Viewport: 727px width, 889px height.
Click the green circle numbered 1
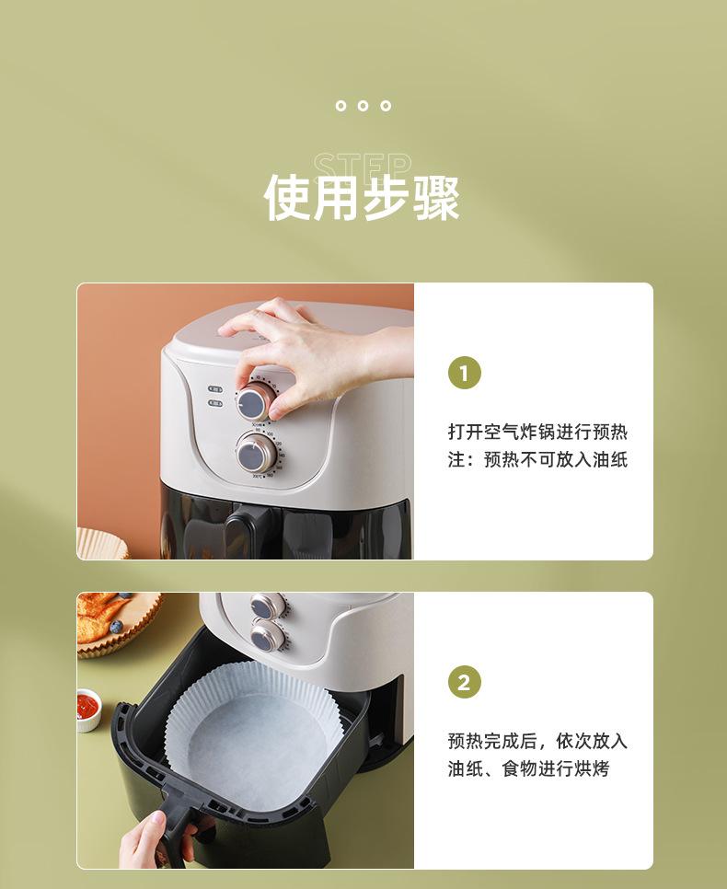click(x=465, y=373)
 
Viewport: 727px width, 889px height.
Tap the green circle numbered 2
click(x=465, y=682)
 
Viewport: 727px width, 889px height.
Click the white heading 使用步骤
click(x=362, y=197)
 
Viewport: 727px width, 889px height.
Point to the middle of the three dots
click(x=363, y=106)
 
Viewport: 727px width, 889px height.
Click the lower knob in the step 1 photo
click(x=256, y=454)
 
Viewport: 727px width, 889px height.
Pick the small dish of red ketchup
click(x=88, y=710)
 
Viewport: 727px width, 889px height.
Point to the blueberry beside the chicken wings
click(x=116, y=627)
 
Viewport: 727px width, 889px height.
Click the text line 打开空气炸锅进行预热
click(x=537, y=432)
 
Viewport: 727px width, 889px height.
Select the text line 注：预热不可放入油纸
click(x=537, y=459)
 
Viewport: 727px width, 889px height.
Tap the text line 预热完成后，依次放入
click(x=537, y=741)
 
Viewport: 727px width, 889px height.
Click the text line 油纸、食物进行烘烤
click(x=528, y=768)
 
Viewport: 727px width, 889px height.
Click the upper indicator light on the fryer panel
click(x=215, y=389)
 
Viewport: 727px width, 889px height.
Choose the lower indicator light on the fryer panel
click(x=215, y=403)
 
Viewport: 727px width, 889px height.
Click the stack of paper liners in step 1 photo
click(x=101, y=543)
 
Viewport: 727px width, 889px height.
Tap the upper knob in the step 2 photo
click(x=267, y=606)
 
